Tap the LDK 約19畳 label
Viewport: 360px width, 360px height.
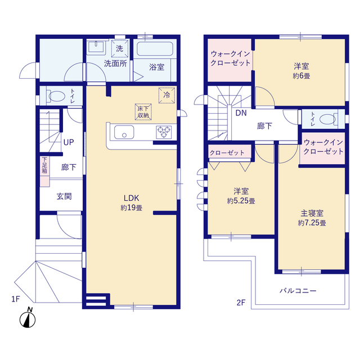coord(132,202)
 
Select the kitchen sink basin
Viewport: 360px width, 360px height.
coord(124,132)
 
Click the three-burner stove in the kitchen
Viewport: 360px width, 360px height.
coord(164,132)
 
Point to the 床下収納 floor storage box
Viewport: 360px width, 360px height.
coord(143,112)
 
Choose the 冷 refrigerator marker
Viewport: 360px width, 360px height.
coord(166,95)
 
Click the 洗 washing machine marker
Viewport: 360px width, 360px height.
coord(120,48)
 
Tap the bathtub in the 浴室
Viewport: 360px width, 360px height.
coord(155,49)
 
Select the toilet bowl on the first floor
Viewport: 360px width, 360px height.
coord(56,96)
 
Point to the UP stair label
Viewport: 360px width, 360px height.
coord(69,142)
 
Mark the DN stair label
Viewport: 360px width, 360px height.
coord(241,113)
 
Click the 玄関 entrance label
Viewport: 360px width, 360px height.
coord(64,196)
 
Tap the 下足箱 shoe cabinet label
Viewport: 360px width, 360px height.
coord(44,165)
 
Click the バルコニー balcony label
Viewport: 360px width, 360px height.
coord(298,291)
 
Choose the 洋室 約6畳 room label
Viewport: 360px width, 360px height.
coord(301,71)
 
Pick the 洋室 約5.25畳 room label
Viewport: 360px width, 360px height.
coord(241,196)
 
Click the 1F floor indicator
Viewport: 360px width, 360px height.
coord(16,299)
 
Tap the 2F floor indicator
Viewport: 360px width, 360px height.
coord(241,303)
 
